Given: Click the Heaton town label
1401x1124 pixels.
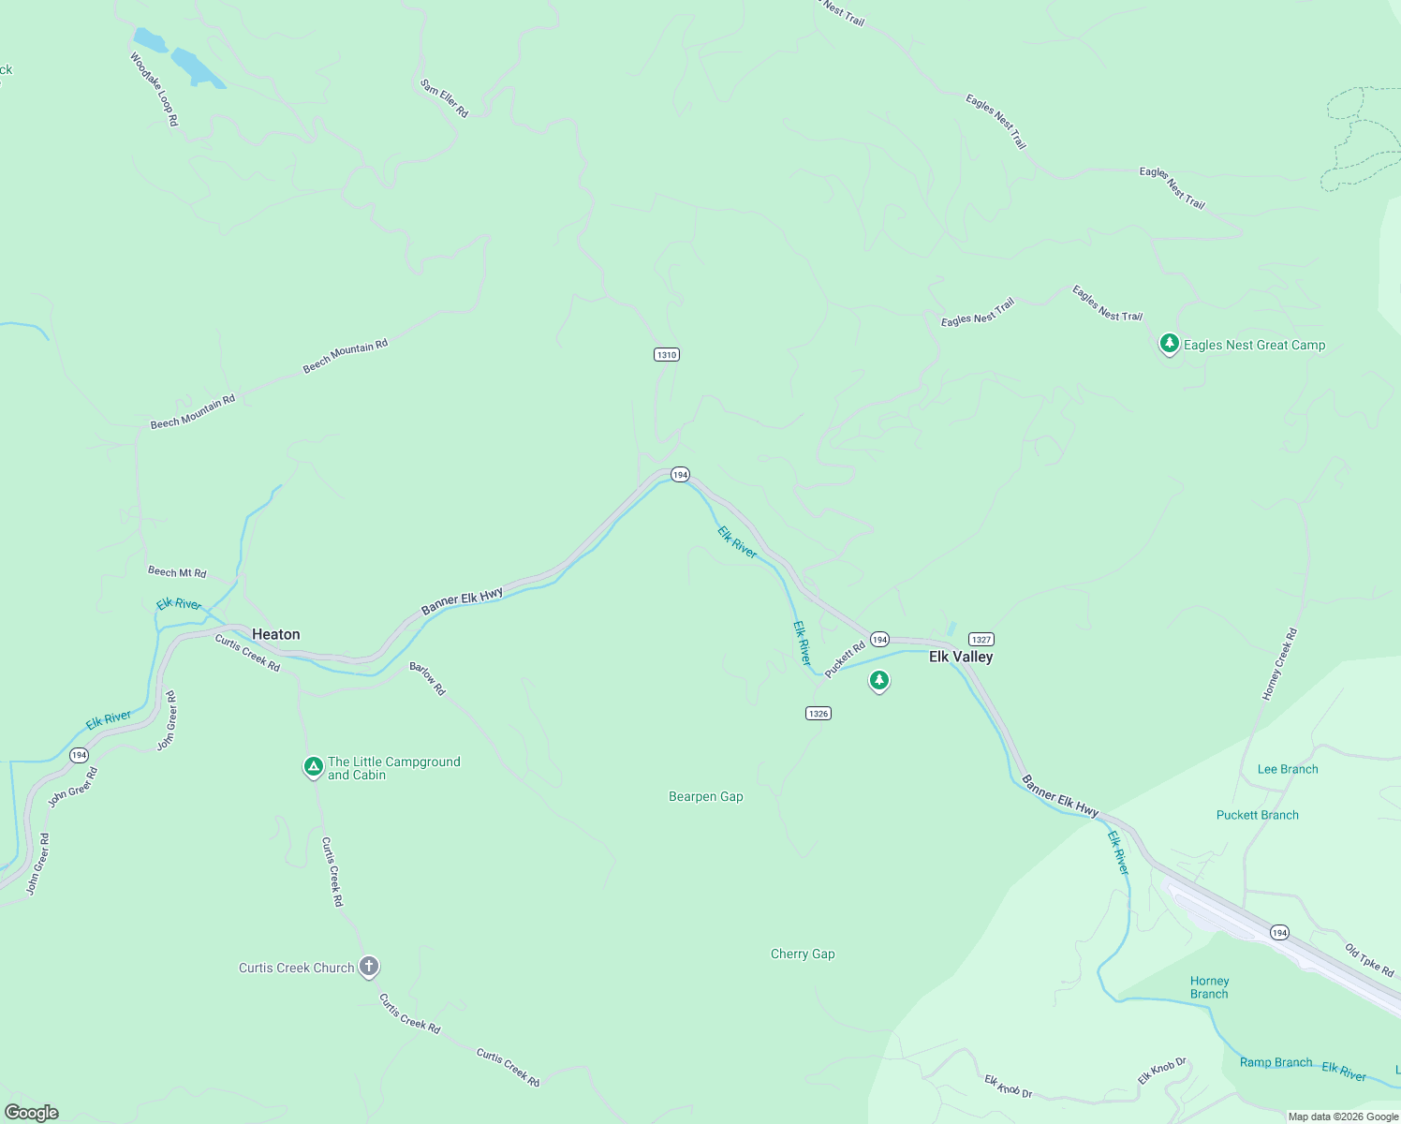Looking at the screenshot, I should [276, 634].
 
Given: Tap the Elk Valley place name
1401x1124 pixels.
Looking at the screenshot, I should [961, 657].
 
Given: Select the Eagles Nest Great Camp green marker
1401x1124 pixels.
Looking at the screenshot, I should [1169, 345].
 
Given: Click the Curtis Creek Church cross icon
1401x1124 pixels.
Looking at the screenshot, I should [369, 967].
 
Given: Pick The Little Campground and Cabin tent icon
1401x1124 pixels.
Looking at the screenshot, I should [314, 767].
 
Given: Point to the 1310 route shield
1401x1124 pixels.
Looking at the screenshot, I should [666, 354].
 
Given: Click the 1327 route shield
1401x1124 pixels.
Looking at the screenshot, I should [981, 639].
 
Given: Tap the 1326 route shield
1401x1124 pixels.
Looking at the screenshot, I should [818, 713].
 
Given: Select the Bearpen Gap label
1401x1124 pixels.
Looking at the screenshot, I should [706, 796].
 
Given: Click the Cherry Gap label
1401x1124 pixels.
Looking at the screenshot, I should [803, 954].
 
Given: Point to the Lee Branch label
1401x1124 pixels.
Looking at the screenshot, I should [1288, 769].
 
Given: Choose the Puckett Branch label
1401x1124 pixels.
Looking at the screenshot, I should [1257, 815].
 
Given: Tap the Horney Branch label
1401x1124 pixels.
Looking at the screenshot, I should [1209, 987].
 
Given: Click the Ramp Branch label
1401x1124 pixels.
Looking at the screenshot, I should [1276, 1062].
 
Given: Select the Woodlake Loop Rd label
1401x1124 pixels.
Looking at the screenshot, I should [154, 89].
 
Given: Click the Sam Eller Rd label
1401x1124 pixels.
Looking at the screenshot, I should [444, 98].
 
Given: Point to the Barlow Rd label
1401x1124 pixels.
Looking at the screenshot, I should [427, 679].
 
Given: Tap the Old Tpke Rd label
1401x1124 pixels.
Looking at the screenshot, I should [1369, 960].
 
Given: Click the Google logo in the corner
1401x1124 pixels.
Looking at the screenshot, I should [32, 1113].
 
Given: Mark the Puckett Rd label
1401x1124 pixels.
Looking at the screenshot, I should [845, 658].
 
